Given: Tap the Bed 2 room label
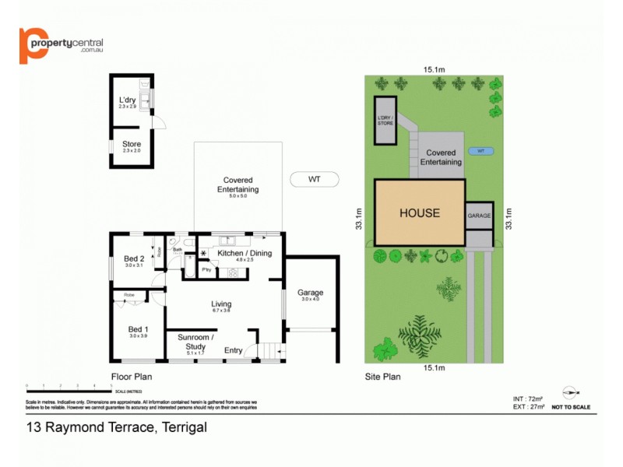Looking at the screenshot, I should tap(133, 258).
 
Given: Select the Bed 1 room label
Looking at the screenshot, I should tap(137, 329).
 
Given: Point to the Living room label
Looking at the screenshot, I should tap(221, 304).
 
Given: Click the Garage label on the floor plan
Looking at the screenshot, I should tap(310, 293).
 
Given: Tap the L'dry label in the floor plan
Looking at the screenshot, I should tap(127, 100).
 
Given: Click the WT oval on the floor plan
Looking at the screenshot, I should tap(314, 179).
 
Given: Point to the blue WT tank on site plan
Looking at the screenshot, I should tap(480, 150).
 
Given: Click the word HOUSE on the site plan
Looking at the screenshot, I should tap(420, 212).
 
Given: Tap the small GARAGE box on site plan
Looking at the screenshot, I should tap(479, 216).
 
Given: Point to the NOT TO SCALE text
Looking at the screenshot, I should tap(571, 407).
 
